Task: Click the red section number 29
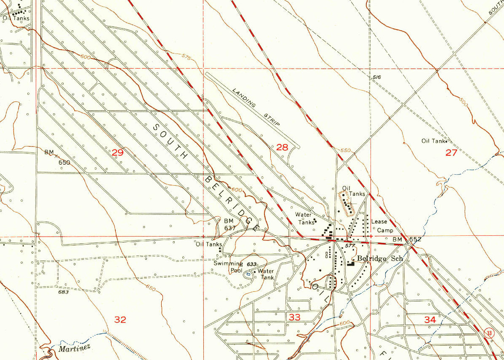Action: click(x=117, y=152)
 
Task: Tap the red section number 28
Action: click(x=282, y=147)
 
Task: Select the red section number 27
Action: click(x=451, y=152)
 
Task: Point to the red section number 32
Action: click(x=120, y=320)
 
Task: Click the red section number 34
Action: click(x=430, y=320)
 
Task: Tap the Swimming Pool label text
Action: click(x=228, y=267)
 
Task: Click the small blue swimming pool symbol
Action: click(x=248, y=274)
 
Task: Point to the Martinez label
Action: click(x=74, y=349)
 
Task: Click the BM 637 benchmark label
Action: click(x=229, y=224)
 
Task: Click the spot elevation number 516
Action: click(x=377, y=77)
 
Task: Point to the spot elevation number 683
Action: click(x=63, y=292)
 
